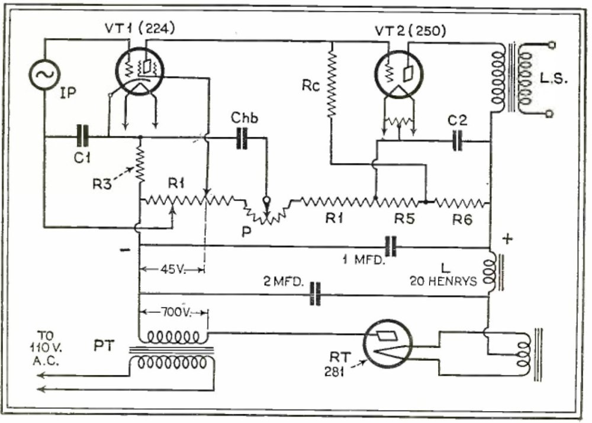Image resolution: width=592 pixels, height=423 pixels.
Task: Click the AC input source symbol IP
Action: click(44, 75)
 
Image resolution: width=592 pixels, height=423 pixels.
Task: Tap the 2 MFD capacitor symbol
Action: click(316, 294)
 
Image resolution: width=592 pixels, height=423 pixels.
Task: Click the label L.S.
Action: click(555, 78)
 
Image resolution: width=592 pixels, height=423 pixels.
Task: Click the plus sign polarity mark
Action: click(507, 238)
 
